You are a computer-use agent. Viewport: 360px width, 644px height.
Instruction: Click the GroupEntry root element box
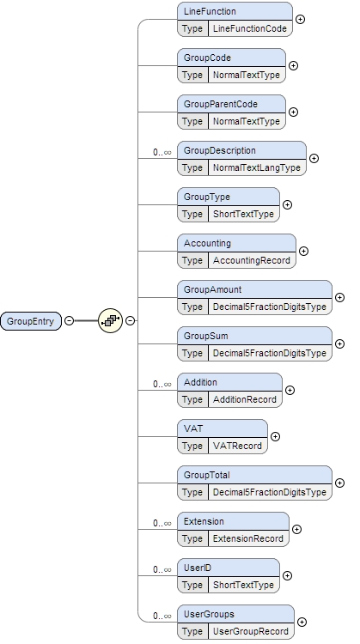coord(30,321)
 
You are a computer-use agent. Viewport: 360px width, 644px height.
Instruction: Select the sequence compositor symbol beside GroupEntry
coord(110,321)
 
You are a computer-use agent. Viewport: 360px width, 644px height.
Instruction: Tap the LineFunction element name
coord(210,11)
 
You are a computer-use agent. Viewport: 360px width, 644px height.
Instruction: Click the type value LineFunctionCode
coord(249,28)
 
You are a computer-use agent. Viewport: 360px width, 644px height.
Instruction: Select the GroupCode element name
coord(207,58)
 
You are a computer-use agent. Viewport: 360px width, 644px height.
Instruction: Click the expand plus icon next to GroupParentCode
coord(293,112)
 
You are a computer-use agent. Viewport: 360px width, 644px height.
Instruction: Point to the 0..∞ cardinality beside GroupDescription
coord(162,152)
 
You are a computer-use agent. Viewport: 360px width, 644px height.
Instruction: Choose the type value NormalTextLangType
coord(256,167)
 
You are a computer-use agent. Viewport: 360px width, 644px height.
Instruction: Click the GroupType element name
coord(206,197)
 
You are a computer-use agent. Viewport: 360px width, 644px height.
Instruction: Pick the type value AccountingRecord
coord(251,260)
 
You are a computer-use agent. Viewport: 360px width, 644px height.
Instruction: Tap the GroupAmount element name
coord(213,289)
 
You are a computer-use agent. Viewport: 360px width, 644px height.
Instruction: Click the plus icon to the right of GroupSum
coord(339,343)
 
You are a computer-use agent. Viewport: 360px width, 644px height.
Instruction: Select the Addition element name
coord(200,382)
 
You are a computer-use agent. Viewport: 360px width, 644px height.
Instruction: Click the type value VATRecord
coord(236,446)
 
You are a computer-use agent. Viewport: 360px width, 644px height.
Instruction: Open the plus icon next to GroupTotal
coord(339,483)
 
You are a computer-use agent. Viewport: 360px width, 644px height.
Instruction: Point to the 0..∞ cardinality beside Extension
coord(162,523)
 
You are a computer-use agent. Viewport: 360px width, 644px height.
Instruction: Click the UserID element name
coord(198,568)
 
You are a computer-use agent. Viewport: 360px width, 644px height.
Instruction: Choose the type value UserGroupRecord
coord(249,631)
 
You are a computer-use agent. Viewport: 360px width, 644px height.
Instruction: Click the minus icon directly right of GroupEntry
coord(68,321)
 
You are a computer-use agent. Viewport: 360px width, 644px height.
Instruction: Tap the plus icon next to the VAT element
coord(274,436)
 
